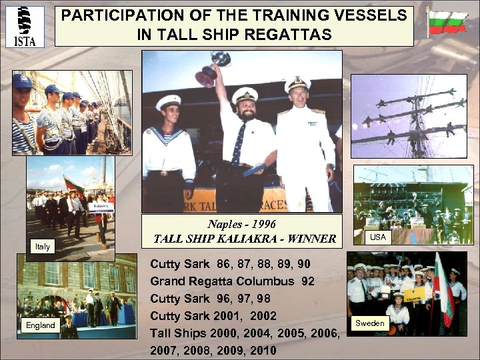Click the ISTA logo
(25, 26)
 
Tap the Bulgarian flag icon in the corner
(447, 22)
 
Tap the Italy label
(43, 247)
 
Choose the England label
(41, 325)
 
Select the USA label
(378, 237)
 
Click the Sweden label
(369, 323)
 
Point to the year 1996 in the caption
(261, 224)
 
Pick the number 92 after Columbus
(307, 281)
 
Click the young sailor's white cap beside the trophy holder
(168, 102)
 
